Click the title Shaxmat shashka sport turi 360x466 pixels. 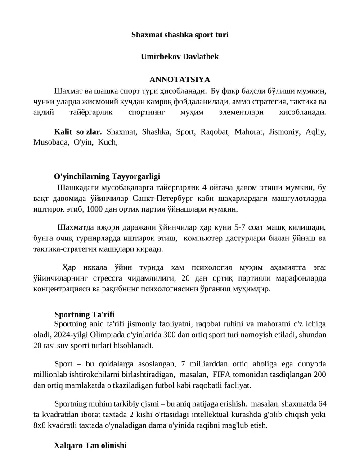[x=180, y=34]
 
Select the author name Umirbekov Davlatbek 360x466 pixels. [x=180, y=57]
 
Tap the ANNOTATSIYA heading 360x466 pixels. [x=180, y=80]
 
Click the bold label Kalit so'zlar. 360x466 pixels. [x=78, y=132]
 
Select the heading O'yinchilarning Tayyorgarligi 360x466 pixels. [x=107, y=176]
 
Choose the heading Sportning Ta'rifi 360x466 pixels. [x=87, y=314]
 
